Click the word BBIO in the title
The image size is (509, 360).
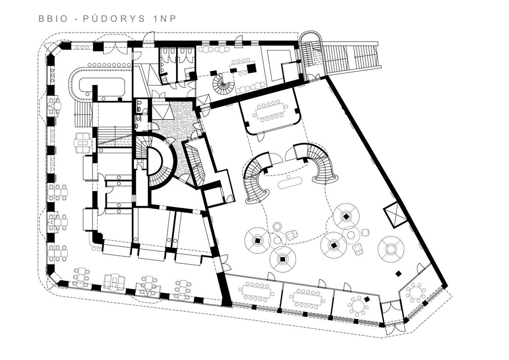(53, 19)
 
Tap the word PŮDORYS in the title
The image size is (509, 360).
(114, 18)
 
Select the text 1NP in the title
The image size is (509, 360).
(165, 19)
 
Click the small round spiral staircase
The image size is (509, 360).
(223, 84)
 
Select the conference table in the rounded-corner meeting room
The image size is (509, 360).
(270, 112)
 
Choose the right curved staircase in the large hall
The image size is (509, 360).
(318, 162)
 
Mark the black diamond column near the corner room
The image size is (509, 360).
(398, 273)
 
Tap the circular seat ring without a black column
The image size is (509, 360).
(391, 249)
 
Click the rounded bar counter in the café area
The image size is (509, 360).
(98, 84)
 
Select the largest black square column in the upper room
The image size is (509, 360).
(251, 68)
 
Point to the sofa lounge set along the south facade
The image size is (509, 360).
(115, 283)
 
